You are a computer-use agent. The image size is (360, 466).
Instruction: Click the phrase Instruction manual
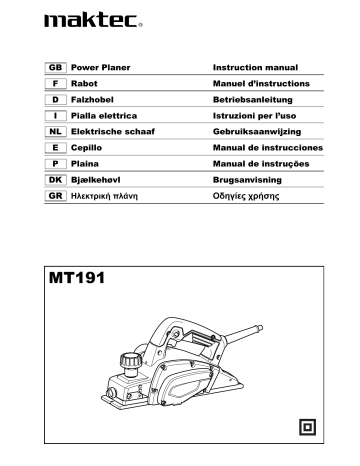255,66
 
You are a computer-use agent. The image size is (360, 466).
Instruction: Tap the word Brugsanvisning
253,181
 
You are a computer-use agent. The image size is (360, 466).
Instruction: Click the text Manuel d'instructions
261,82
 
